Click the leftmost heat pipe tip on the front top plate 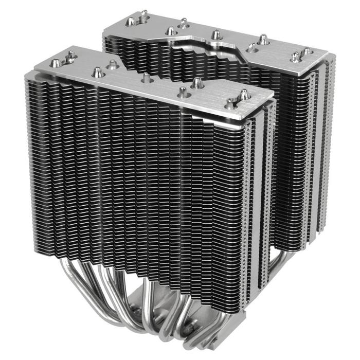pyautogui.click(x=56, y=63)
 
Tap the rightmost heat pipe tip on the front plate pyautogui.click(x=244, y=95)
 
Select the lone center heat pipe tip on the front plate pyautogui.click(x=147, y=77)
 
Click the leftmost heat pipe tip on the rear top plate pyautogui.click(x=131, y=21)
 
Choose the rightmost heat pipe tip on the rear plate pyautogui.click(x=305, y=51)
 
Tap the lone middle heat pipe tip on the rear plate pyautogui.click(x=215, y=34)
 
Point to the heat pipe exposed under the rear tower pyautogui.click(x=275, y=262)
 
